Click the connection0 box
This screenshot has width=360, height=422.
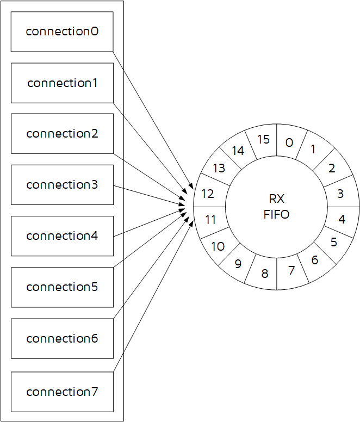62,32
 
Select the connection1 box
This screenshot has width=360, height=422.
62,83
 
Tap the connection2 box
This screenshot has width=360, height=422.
62,134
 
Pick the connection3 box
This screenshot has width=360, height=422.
62,185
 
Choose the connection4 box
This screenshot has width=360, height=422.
62,236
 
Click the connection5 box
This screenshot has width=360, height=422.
62,287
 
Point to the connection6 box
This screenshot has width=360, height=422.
62,338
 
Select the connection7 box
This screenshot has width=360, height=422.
62,392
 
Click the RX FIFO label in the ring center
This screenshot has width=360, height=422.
276,207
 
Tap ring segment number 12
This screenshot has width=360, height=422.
208,194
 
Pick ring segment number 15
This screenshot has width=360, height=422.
263,139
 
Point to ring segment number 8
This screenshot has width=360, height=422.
264,274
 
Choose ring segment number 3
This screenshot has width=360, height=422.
340,194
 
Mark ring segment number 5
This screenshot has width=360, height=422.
333,242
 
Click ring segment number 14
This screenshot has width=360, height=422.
238,151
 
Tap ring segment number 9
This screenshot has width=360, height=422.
238,264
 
